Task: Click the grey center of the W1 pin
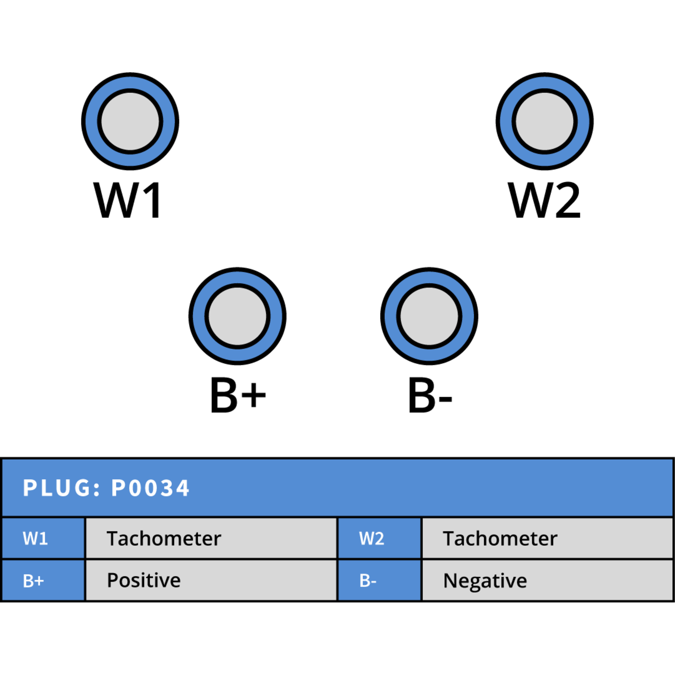pos(130,121)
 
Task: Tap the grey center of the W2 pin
pos(545,121)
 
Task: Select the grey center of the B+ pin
pos(238,316)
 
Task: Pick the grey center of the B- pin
pos(429,316)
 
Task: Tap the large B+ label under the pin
pos(238,395)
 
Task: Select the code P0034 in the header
pos(150,488)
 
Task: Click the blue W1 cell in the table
pos(43,538)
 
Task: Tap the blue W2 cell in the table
pos(379,538)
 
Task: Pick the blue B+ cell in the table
pos(43,580)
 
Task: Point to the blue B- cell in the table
pos(379,580)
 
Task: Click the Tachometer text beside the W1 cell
pos(164,538)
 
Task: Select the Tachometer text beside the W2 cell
pos(500,538)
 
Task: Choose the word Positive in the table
pos(143,580)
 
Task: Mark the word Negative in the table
pos(485,581)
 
